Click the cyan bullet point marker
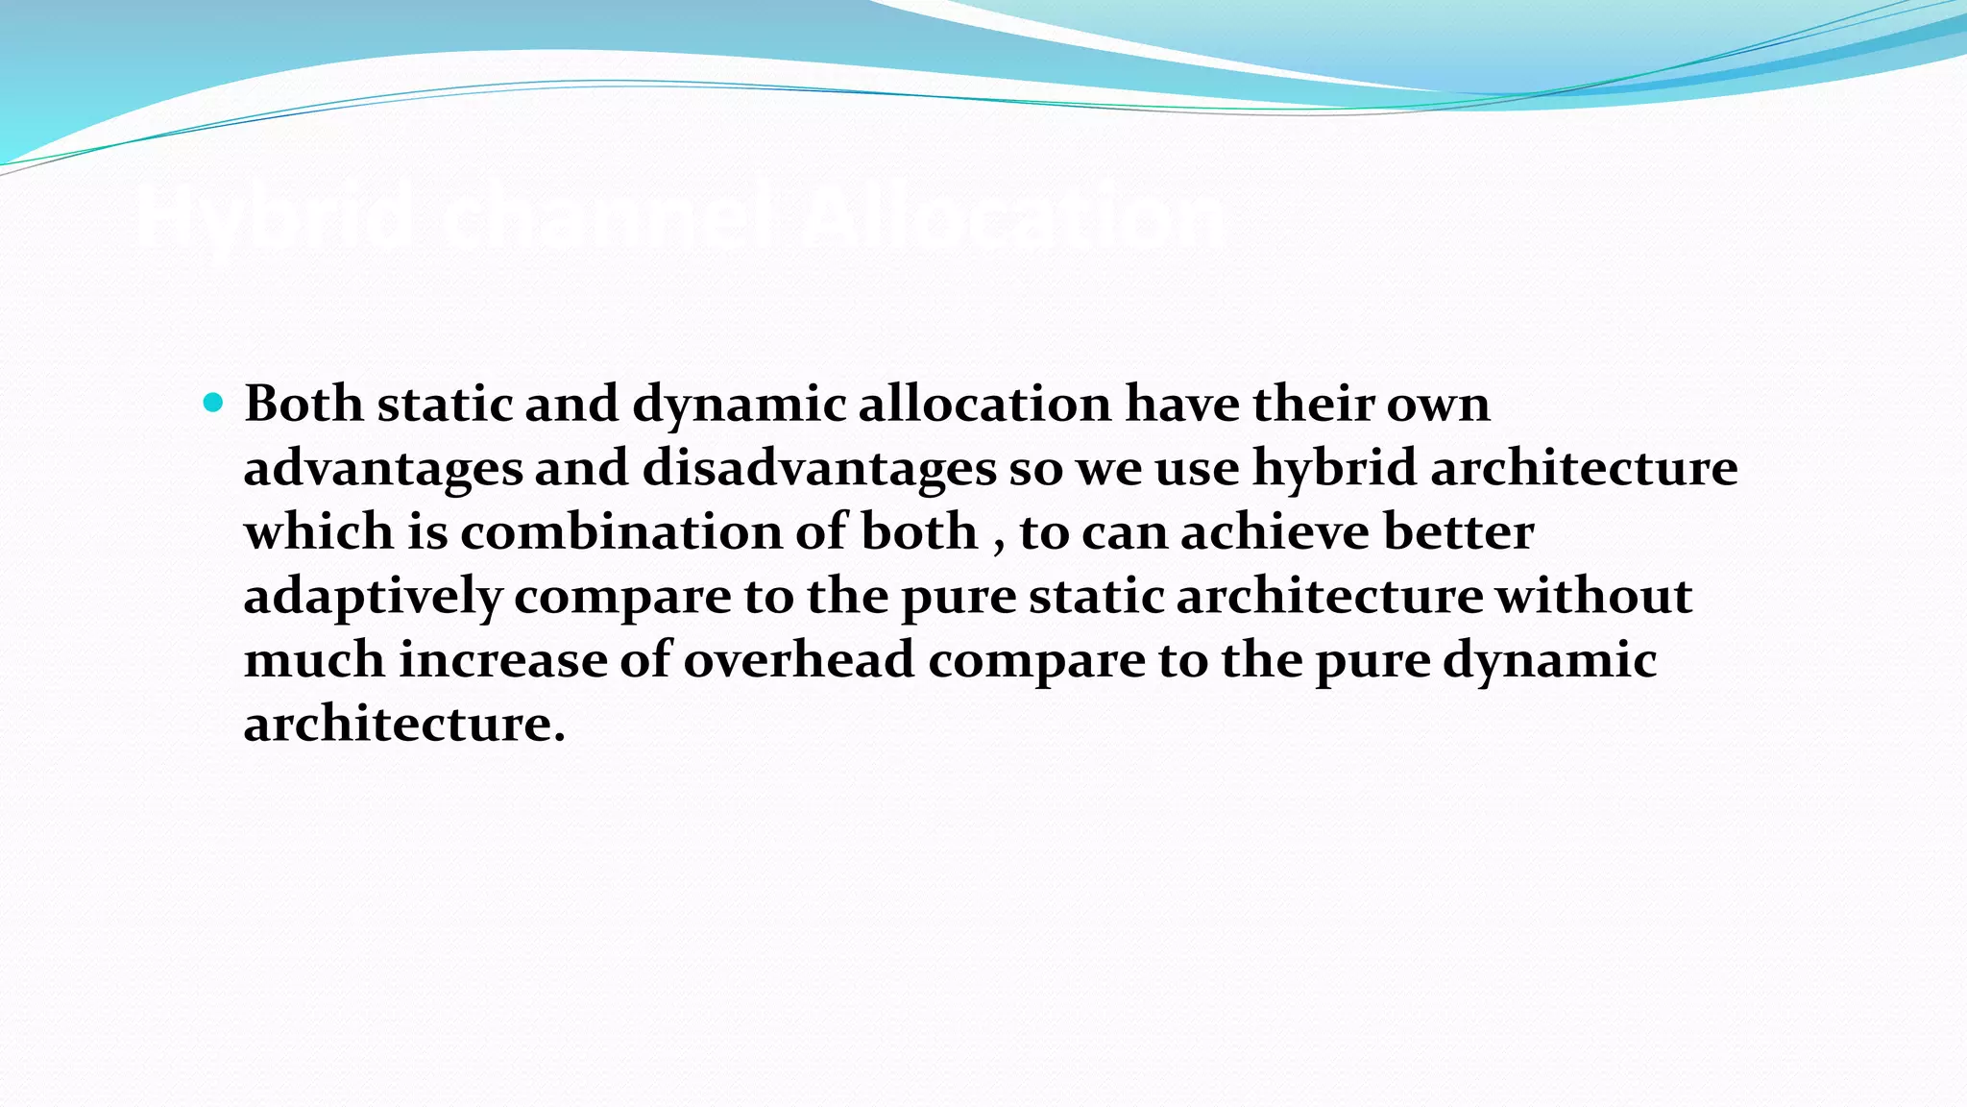click(x=213, y=403)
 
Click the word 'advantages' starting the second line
click(x=383, y=469)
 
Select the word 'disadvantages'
click(x=818, y=469)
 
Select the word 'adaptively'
click(x=373, y=597)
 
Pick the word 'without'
click(x=1593, y=597)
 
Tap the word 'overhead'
click(x=798, y=660)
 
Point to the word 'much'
click(x=314, y=660)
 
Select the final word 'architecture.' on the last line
click(x=404, y=724)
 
